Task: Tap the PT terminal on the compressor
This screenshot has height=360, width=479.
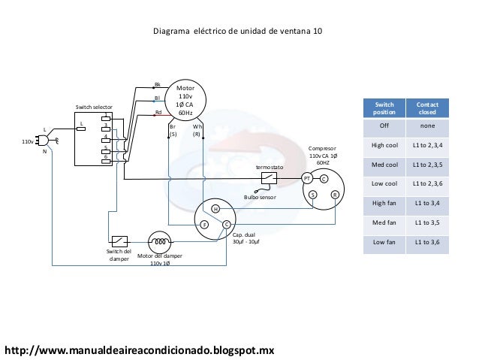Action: [306, 178]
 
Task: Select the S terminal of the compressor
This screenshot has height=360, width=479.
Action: [313, 195]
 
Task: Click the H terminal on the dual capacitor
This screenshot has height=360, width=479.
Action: [214, 208]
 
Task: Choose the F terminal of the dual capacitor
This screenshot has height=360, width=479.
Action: [203, 225]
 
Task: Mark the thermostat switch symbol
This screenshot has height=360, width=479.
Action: [269, 178]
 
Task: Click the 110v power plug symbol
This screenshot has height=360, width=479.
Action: [45, 140]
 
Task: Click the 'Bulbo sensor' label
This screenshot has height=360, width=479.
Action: [260, 197]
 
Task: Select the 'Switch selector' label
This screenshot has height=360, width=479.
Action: [93, 108]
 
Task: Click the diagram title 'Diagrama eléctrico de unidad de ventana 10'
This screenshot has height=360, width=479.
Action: [237, 32]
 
